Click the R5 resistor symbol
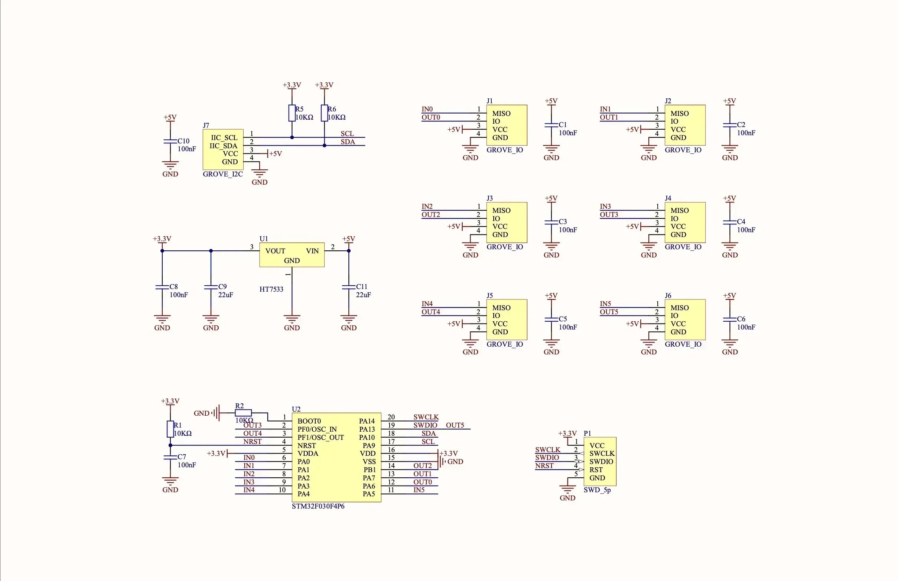click(x=292, y=113)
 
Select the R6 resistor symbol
click(x=324, y=113)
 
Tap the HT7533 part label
click(x=271, y=289)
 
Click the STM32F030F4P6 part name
click(x=318, y=506)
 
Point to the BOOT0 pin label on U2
click(x=309, y=421)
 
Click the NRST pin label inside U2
click(x=306, y=445)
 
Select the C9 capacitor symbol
click(x=211, y=287)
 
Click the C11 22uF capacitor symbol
click(x=348, y=287)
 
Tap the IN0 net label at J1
click(x=427, y=109)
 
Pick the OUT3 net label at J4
click(x=609, y=214)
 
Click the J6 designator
click(x=668, y=295)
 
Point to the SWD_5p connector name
click(x=597, y=490)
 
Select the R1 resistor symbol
click(x=170, y=429)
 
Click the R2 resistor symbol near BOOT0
click(x=243, y=413)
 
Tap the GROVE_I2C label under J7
click(x=222, y=174)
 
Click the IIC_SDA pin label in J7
click(x=223, y=146)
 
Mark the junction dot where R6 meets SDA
click(x=324, y=145)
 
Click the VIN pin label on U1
click(x=312, y=251)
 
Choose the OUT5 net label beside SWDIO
click(x=455, y=425)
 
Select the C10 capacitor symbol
click(x=170, y=141)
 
